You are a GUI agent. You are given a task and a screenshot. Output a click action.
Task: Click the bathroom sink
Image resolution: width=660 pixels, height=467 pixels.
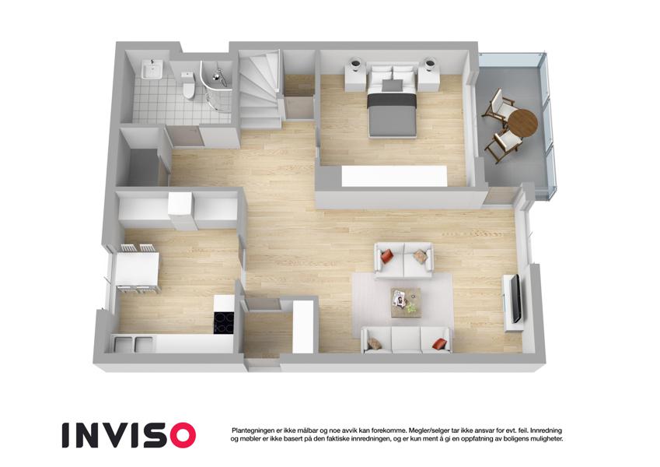click(152, 68)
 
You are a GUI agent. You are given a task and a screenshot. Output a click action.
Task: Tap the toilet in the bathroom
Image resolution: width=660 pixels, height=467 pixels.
click(189, 84)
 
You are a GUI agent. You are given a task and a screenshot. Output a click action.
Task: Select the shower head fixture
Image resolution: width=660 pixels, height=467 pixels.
click(218, 75)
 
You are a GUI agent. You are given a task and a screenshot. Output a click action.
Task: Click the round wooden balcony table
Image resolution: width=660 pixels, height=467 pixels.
click(522, 123)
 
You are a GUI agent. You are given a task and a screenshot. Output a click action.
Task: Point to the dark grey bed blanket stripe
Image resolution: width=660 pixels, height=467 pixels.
click(392, 100)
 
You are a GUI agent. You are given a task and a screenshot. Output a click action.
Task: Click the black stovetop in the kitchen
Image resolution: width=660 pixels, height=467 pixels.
click(224, 322)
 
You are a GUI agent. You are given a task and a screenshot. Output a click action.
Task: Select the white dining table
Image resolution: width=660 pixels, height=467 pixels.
click(138, 269)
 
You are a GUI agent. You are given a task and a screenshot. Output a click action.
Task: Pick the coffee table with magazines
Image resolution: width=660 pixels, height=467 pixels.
click(406, 303)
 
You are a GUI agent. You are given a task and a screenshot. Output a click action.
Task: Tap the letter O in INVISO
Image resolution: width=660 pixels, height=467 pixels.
click(181, 435)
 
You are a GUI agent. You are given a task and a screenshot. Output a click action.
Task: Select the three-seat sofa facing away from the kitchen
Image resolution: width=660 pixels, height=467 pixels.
click(407, 339)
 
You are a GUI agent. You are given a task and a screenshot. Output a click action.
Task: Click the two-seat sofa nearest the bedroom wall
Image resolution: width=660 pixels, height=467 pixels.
click(404, 260)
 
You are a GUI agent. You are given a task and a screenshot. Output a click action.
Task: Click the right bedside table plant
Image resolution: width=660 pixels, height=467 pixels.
click(430, 64)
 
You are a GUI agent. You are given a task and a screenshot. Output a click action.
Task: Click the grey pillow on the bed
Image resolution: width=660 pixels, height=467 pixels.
click(392, 86)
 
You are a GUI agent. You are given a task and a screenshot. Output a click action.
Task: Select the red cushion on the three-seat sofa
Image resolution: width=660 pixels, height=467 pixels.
click(438, 343)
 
